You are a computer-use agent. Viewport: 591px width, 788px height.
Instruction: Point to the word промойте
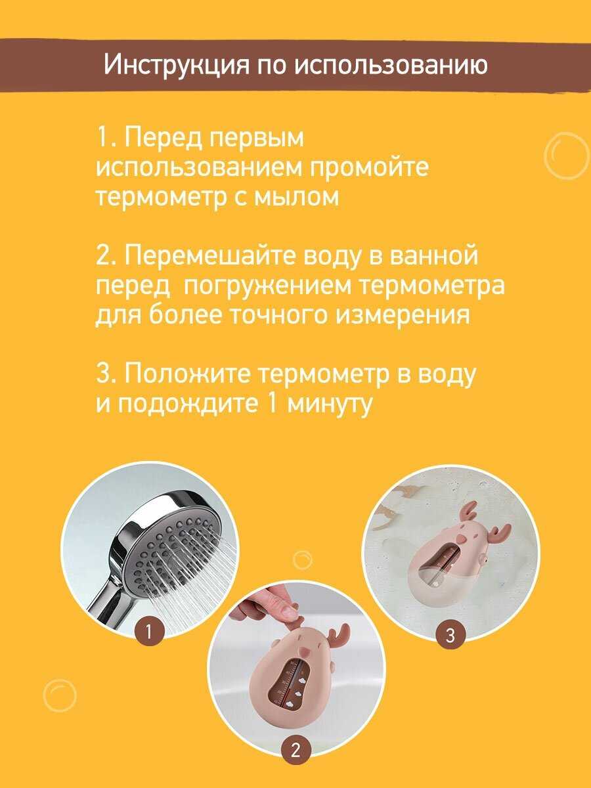pyautogui.click(x=370, y=167)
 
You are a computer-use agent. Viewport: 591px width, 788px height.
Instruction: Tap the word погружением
pyautogui.click(x=267, y=286)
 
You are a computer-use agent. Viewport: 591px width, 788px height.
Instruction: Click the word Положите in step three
pyautogui.click(x=186, y=374)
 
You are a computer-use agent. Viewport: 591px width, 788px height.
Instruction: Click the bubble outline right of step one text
pyautogui.click(x=567, y=156)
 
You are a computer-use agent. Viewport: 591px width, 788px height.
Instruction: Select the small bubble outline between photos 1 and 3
pyautogui.click(x=303, y=559)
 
